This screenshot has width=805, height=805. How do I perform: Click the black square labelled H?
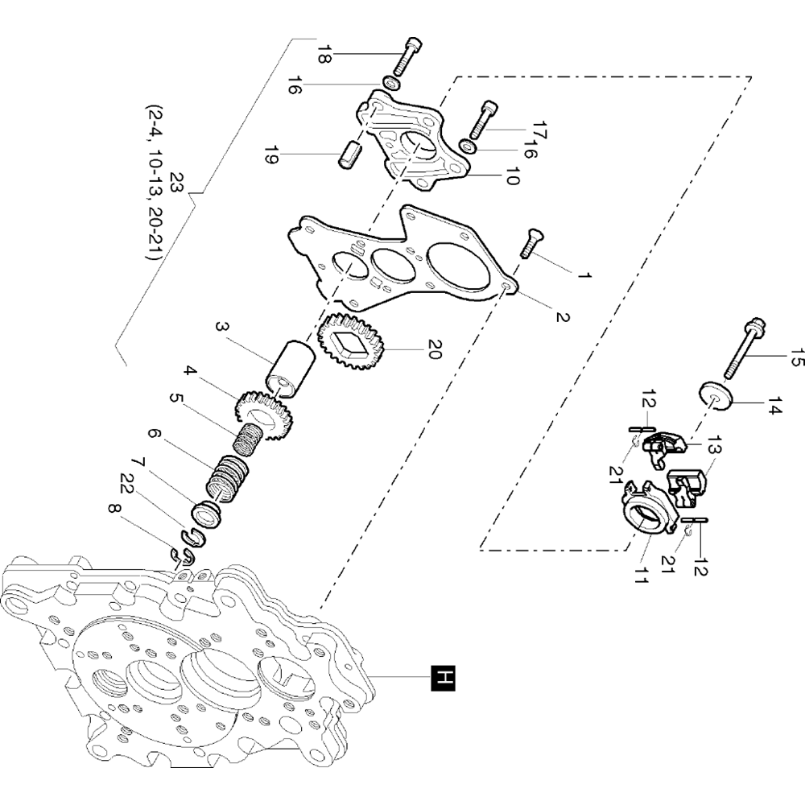444,678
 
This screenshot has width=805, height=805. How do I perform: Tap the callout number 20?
434,349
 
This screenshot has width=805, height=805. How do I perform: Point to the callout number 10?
512,175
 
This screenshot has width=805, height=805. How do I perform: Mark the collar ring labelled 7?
206,513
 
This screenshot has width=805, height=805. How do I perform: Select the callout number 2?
562,316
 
